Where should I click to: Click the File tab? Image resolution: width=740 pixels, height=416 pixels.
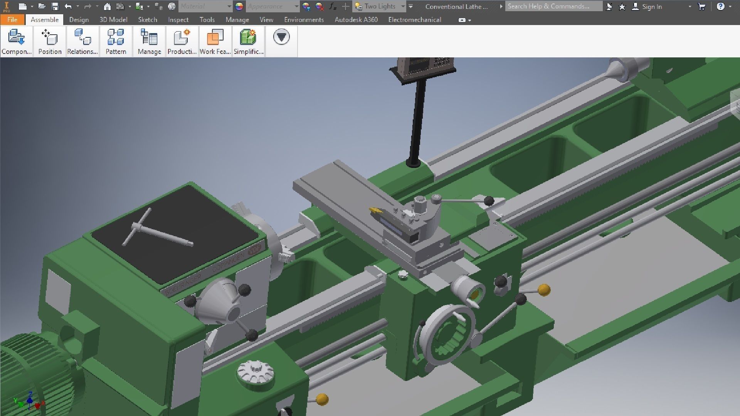click(x=12, y=20)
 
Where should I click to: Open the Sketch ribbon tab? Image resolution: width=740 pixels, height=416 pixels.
click(x=148, y=20)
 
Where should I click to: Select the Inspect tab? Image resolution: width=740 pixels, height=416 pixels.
click(x=178, y=20)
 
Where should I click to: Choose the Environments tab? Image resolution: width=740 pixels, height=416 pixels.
click(x=304, y=20)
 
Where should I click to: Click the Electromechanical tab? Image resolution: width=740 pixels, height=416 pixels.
click(x=414, y=20)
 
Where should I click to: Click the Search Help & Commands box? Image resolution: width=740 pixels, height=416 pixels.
click(x=553, y=6)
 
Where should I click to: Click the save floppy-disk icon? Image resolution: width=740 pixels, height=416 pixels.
click(x=55, y=6)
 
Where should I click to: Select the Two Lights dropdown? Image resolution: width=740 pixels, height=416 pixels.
click(x=380, y=6)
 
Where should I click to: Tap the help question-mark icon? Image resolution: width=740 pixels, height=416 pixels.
click(x=720, y=6)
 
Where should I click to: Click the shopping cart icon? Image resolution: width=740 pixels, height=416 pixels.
click(x=701, y=6)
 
